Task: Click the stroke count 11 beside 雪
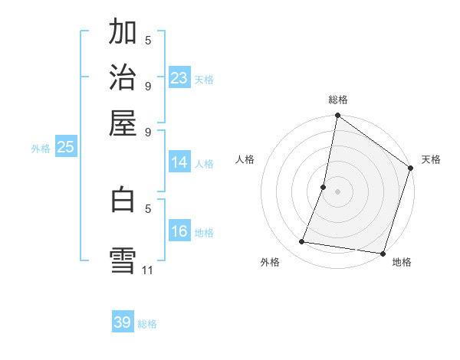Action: coord(148,270)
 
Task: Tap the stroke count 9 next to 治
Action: coord(148,86)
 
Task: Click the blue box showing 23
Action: coord(179,78)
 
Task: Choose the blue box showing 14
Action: coord(179,162)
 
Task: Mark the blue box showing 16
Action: coord(179,231)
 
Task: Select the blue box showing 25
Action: coord(65,148)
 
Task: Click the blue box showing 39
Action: coord(123,322)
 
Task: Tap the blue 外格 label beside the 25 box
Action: coord(41,149)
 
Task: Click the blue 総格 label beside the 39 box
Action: coord(147,324)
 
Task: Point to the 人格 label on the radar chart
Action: coord(245,159)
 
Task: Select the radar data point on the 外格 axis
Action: coord(302,242)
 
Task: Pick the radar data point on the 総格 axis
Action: coord(337,116)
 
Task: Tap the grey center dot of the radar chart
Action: coord(337,191)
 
